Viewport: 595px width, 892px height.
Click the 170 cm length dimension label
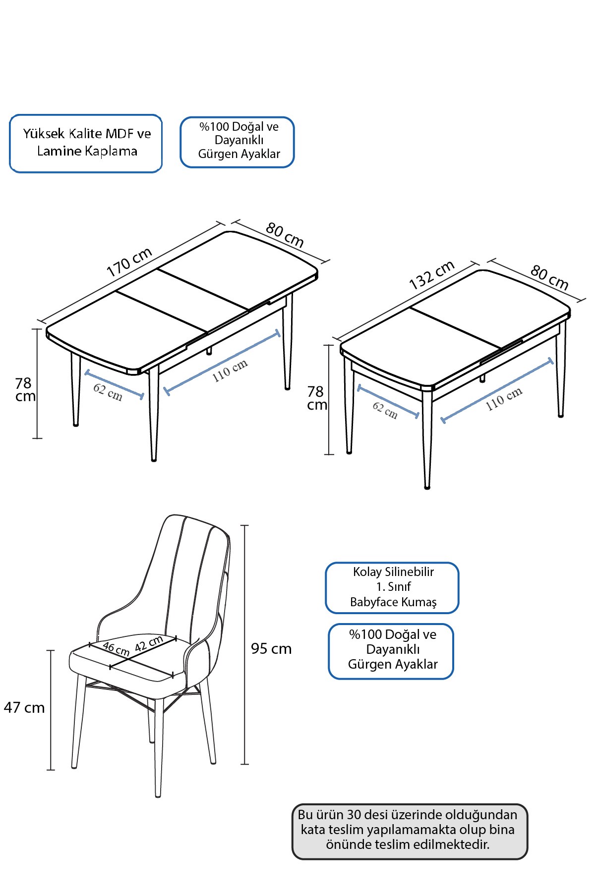click(x=129, y=262)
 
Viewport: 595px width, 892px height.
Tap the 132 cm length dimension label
click(x=432, y=275)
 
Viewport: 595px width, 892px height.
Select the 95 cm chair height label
click(x=271, y=648)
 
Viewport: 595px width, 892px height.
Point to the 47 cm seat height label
click(x=24, y=707)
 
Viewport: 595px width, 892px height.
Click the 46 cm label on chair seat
click(x=116, y=649)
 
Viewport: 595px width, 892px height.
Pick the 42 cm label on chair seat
click(x=149, y=643)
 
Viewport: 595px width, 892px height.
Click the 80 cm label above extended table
click(x=285, y=235)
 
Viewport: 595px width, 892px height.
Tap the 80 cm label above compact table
click(x=549, y=277)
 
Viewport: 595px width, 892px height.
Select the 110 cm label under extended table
click(x=230, y=371)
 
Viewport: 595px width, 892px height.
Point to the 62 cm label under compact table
click(x=385, y=410)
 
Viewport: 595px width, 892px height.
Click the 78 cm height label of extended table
click(x=25, y=389)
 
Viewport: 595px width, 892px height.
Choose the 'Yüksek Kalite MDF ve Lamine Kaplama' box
click(x=86, y=144)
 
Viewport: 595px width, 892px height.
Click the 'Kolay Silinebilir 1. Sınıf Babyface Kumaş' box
click(x=392, y=588)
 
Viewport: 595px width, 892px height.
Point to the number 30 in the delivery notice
click(x=354, y=815)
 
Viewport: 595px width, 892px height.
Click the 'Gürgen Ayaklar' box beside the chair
click(x=391, y=651)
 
